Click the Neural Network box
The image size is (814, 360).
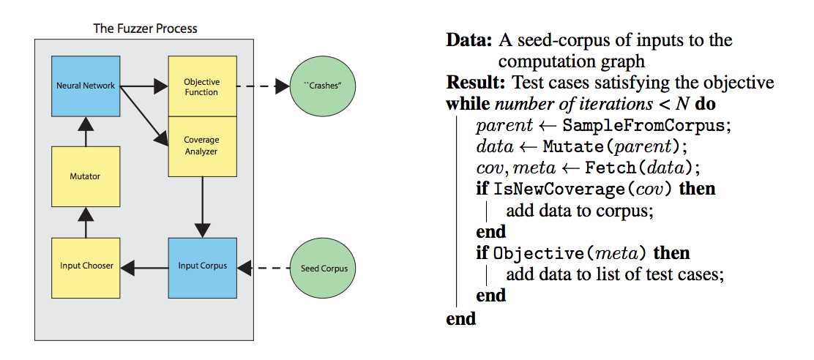coord(86,86)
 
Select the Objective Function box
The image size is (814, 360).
coord(201,86)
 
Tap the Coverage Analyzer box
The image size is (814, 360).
coord(201,146)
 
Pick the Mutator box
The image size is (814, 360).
coord(86,176)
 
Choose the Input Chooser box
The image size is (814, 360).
coord(86,266)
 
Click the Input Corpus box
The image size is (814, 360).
coord(203,266)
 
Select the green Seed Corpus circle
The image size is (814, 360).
coord(324,268)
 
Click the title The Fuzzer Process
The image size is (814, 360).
coord(145,29)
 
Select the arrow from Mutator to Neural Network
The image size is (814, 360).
coord(86,132)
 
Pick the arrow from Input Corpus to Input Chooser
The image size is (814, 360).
coord(144,268)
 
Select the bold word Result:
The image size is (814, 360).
coord(477,82)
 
